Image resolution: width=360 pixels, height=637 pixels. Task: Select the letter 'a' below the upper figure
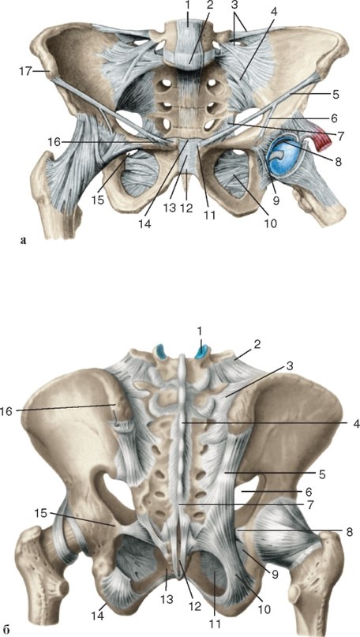(23, 241)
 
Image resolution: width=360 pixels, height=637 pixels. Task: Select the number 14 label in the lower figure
(99, 616)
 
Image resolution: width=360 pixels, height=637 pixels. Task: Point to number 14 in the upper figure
(144, 224)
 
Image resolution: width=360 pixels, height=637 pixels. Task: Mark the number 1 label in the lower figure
(200, 332)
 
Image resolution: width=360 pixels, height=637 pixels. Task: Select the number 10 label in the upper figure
(270, 224)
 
